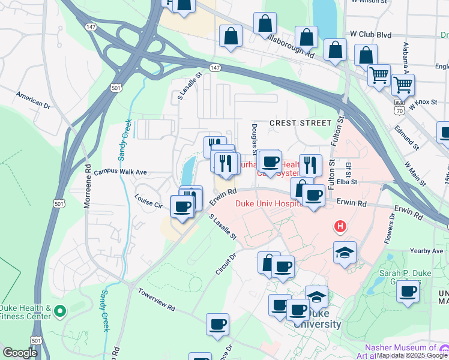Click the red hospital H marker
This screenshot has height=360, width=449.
coord(340,226)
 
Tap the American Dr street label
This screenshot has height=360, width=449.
coord(33,99)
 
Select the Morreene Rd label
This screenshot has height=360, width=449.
coord(88,186)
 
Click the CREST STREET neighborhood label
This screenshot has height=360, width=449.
coord(300,122)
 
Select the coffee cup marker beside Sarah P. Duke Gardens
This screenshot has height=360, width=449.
coord(408,292)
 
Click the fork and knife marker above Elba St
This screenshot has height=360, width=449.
coord(310,164)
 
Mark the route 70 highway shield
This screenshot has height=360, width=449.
coord(399,110)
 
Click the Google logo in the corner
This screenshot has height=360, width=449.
coord(20,353)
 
